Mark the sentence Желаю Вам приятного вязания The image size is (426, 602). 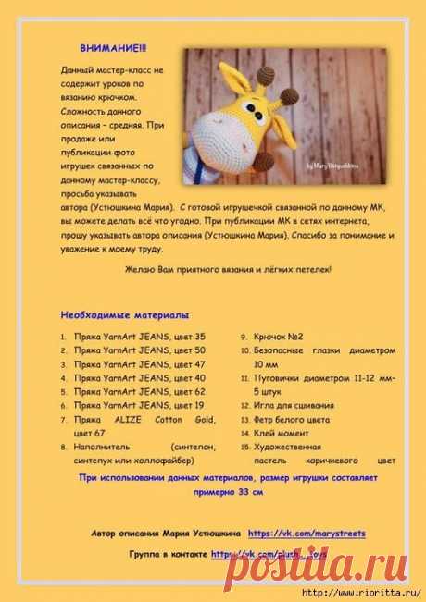(x=227, y=269)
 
